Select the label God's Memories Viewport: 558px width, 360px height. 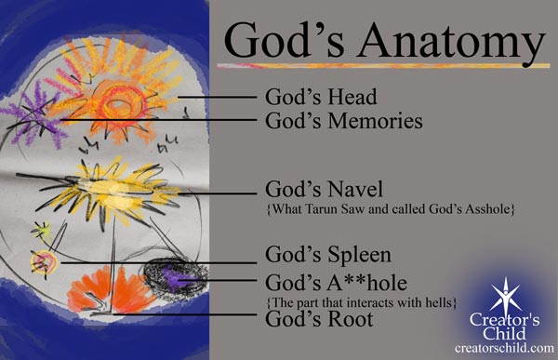click(x=344, y=121)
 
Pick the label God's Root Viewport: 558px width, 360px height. click(x=319, y=320)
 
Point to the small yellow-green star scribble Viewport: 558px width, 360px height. click(x=41, y=228)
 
